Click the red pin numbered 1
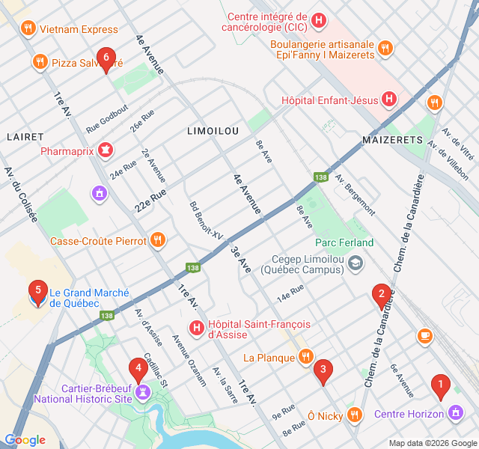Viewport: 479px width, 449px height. tap(441, 387)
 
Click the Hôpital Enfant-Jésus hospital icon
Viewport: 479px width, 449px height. tap(389, 99)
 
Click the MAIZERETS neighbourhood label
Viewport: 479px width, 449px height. tap(392, 140)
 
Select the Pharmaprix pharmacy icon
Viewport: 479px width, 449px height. tap(106, 150)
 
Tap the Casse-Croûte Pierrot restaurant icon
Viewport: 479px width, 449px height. tap(157, 240)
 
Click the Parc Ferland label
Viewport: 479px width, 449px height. tap(344, 242)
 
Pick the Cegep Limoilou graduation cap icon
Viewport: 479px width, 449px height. tap(356, 263)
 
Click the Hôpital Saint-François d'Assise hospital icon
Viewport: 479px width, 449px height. tap(196, 328)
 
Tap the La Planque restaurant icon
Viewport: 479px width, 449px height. tap(305, 357)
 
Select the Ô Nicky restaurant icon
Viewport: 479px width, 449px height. tap(354, 414)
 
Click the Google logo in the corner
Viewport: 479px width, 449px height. tap(25, 440)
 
